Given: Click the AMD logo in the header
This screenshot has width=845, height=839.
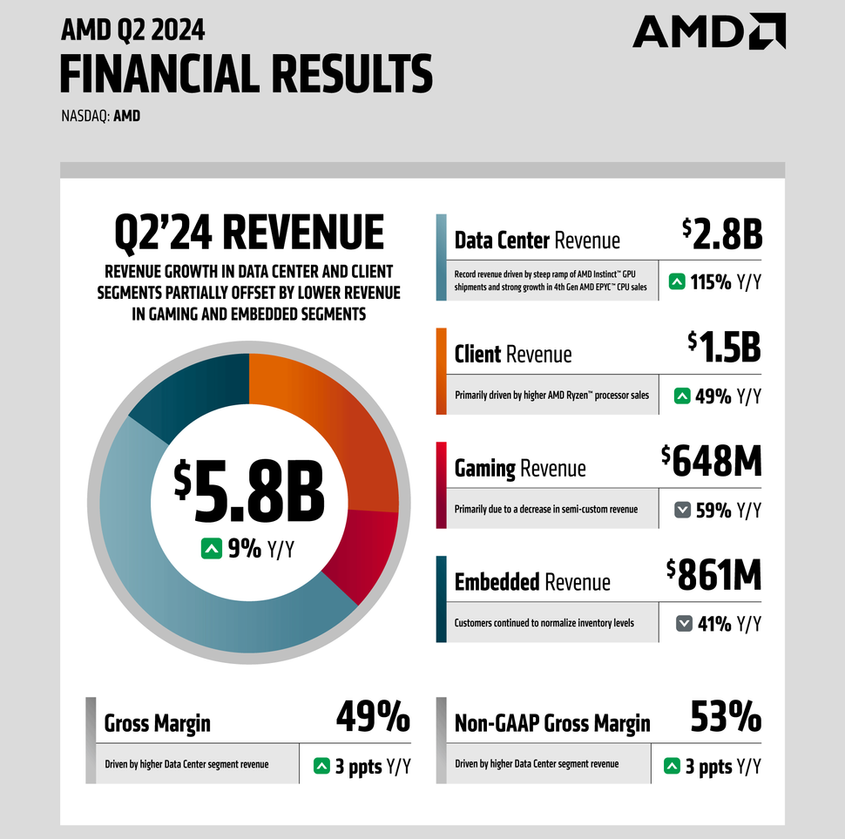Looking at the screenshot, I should click(708, 31).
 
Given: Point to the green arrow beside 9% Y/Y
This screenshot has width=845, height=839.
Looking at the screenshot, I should click(211, 549).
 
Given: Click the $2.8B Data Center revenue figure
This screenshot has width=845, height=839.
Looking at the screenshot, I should click(721, 234).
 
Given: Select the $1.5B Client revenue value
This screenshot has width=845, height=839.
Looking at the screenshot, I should click(724, 348).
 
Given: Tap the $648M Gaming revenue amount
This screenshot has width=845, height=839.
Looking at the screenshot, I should click(711, 461).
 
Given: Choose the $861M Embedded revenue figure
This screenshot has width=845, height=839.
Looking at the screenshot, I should click(713, 575).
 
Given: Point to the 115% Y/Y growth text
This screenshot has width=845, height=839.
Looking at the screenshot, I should click(726, 282).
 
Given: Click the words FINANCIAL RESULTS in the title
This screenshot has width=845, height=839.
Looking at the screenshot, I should click(246, 73).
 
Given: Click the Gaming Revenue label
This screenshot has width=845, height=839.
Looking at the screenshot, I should click(520, 469).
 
